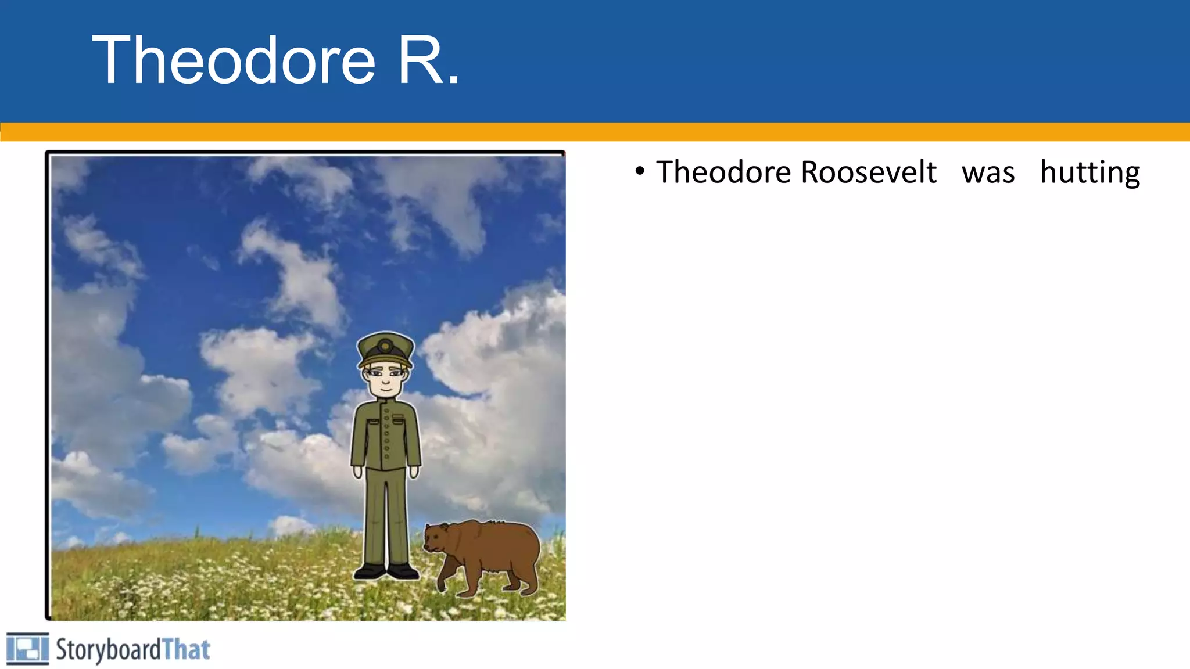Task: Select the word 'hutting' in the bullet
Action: click(1089, 172)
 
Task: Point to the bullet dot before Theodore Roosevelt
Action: click(640, 171)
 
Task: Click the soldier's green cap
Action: click(386, 349)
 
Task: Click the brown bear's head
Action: click(436, 538)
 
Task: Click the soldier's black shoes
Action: click(386, 572)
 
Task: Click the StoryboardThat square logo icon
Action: click(27, 649)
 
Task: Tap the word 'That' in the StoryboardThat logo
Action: click(186, 649)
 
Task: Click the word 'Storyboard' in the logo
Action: click(108, 650)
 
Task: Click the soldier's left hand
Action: click(414, 472)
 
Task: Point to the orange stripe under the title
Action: click(595, 132)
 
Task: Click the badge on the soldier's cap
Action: click(385, 347)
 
